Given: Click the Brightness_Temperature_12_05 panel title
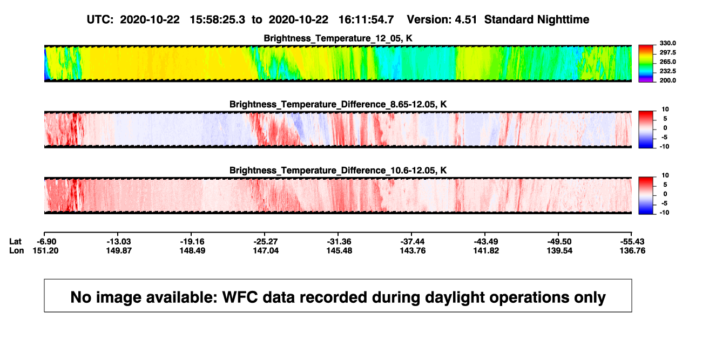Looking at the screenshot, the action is [x=338, y=38].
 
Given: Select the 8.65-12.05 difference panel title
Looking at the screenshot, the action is [x=338, y=104].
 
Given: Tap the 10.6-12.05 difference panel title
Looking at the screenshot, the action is [x=338, y=171].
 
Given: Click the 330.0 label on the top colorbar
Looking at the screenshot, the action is [x=667, y=43].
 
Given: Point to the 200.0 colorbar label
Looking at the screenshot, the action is [x=667, y=80].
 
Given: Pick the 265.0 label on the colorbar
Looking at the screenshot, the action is [x=667, y=62].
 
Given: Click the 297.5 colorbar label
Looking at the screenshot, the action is [x=667, y=52].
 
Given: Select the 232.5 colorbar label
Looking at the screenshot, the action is [x=667, y=71].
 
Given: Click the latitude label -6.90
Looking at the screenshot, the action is [x=46, y=242].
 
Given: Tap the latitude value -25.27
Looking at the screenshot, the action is [x=265, y=242].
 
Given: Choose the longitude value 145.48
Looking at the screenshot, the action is [x=339, y=250].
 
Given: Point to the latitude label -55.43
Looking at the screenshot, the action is [x=632, y=242].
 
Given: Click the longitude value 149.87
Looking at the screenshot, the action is [x=119, y=250].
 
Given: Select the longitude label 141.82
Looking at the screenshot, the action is [x=486, y=250].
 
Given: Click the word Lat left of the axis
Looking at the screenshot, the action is [x=15, y=242].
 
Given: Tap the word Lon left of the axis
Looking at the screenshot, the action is [x=17, y=250].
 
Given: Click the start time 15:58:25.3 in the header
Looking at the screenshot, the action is [x=218, y=20].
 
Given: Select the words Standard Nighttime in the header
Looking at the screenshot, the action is [x=537, y=20].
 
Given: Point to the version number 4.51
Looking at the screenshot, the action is [x=465, y=20].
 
